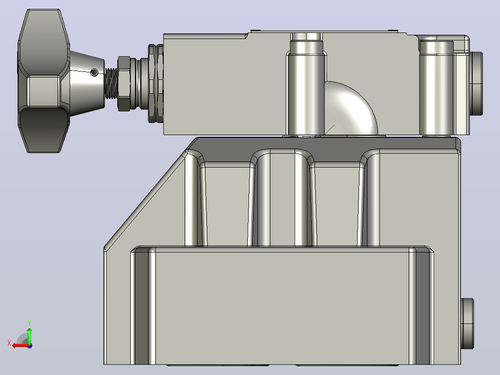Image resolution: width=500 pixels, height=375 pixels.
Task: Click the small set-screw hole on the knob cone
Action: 95,72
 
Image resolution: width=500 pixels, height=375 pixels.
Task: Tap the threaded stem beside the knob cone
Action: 111,83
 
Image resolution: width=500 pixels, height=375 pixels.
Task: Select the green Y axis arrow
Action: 29,336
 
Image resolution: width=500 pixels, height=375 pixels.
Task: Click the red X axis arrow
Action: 20,345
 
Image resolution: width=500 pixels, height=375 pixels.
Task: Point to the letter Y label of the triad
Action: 29,323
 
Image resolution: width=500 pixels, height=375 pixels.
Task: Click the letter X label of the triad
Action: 9,343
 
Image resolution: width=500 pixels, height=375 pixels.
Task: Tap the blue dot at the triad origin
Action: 30,346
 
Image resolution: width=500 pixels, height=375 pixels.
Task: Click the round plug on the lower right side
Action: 467,323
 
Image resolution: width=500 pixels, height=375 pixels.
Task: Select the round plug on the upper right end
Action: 476,83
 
